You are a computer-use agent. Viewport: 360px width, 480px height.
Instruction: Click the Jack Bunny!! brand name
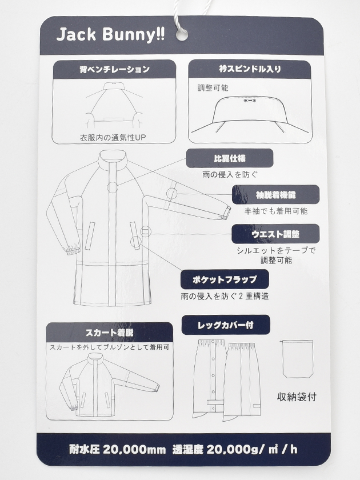click(110, 34)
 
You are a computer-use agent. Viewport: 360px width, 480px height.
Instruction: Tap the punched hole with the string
click(182, 34)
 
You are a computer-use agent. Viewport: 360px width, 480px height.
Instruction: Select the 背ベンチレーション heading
click(114, 70)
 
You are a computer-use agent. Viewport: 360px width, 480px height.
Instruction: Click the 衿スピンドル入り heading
click(250, 69)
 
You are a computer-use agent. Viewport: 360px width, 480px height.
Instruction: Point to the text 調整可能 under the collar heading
click(213, 88)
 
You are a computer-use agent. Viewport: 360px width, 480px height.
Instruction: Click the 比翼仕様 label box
click(230, 158)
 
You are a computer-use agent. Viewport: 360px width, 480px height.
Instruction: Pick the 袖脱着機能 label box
click(275, 194)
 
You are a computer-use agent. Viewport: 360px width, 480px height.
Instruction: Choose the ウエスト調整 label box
click(275, 234)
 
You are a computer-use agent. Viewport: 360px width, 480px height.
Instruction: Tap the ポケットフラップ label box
click(225, 279)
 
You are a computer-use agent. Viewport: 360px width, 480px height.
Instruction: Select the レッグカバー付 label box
click(226, 325)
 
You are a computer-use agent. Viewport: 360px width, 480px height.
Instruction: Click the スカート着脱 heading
click(109, 333)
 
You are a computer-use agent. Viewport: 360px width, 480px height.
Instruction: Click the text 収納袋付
click(297, 397)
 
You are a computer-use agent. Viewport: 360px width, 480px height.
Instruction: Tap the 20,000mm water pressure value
click(134, 450)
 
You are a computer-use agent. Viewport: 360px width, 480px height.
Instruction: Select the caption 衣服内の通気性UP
click(113, 138)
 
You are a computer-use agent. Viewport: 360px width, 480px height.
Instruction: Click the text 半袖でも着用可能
click(276, 211)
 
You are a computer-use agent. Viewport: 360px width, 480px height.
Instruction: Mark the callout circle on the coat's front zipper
click(113, 187)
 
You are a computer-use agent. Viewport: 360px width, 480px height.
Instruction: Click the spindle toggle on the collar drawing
click(250, 100)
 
